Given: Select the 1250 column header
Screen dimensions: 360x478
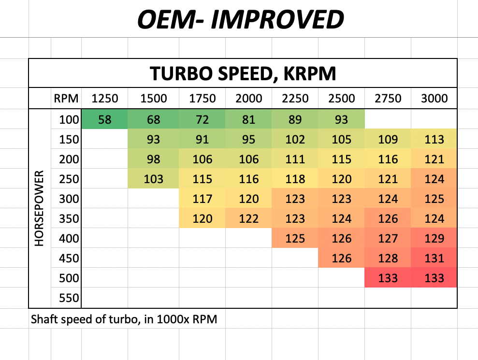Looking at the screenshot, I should tap(105, 99).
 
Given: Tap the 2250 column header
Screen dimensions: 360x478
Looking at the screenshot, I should tap(295, 99).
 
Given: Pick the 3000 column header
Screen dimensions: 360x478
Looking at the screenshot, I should tap(434, 99).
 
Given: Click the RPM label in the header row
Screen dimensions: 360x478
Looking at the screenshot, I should tap(66, 99).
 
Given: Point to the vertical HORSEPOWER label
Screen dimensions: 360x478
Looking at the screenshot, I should tap(40, 208).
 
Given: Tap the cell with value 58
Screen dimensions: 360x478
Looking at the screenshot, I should tap(105, 119).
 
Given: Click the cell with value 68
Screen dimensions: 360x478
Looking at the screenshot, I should tap(154, 119).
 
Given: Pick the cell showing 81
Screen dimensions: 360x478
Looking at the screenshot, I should tap(248, 119).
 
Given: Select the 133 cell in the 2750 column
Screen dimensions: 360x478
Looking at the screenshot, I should tap(388, 278).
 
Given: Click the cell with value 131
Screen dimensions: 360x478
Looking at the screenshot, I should tap(434, 259).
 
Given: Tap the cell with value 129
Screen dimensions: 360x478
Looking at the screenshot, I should tap(434, 239).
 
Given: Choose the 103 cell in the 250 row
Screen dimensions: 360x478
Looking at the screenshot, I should tap(154, 179).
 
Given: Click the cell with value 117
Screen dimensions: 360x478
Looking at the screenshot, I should tap(202, 199).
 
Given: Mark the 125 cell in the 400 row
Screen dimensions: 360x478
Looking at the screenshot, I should tap(295, 239).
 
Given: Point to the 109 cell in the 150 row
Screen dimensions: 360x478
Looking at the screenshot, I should tap(388, 140).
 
